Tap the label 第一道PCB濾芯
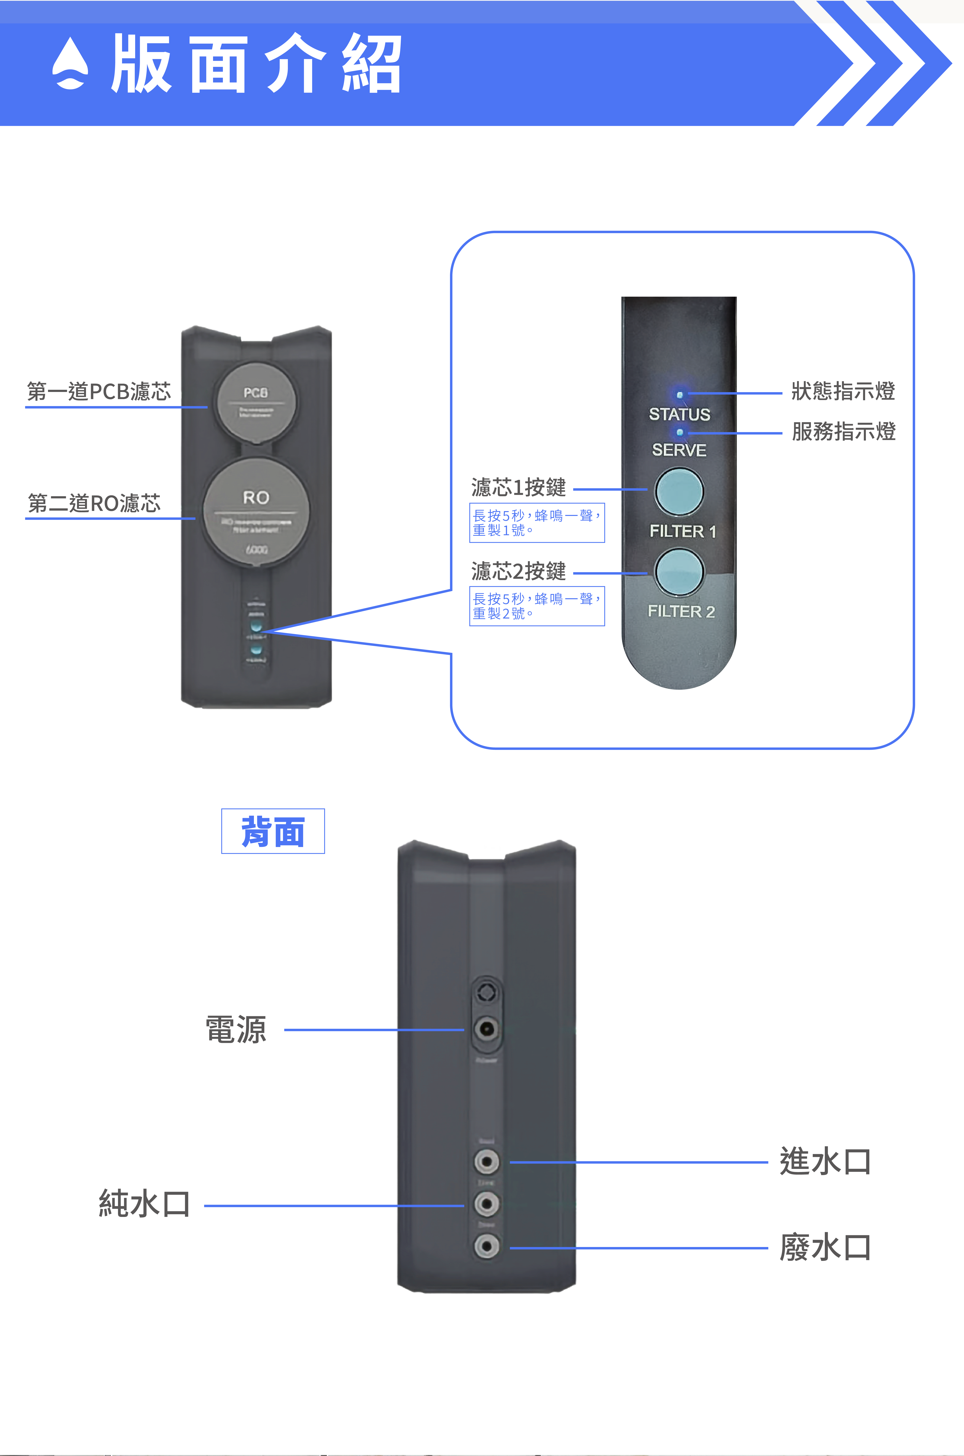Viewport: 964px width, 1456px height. (x=98, y=392)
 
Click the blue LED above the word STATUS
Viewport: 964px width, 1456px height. (x=679, y=395)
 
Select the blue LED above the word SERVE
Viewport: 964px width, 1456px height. (x=679, y=432)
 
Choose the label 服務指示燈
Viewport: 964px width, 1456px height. (x=843, y=431)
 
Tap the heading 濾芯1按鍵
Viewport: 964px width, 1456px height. (x=518, y=487)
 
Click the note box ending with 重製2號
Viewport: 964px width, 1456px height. (x=537, y=606)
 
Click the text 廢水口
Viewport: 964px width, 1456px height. (x=824, y=1248)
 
